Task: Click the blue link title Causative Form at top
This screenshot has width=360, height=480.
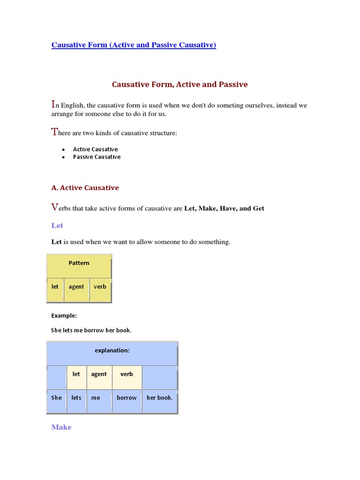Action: click(x=134, y=45)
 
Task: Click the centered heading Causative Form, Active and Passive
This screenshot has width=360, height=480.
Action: click(x=180, y=84)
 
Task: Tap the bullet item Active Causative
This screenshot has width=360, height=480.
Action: click(x=95, y=149)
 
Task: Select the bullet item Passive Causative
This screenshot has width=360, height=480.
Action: click(x=97, y=157)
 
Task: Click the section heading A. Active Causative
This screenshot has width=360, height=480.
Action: click(x=85, y=187)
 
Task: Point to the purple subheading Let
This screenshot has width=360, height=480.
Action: click(x=57, y=225)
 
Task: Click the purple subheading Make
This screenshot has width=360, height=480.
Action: click(x=61, y=427)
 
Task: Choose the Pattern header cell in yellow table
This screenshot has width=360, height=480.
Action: click(x=79, y=263)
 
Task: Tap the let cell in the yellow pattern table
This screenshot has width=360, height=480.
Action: click(x=55, y=286)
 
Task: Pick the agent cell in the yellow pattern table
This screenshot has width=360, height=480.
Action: click(x=76, y=286)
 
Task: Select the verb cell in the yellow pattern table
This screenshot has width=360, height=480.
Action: click(x=100, y=286)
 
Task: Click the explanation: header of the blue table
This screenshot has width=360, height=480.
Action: click(x=112, y=350)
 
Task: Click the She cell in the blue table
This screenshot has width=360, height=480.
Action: click(x=56, y=397)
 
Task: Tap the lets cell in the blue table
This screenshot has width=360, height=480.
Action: click(x=76, y=397)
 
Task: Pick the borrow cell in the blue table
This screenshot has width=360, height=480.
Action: click(x=127, y=397)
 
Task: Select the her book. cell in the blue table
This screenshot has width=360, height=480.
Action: click(x=159, y=397)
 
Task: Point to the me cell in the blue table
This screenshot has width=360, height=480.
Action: click(x=96, y=397)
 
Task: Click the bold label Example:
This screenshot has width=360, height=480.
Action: click(x=64, y=315)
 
